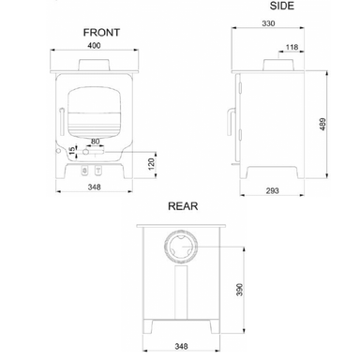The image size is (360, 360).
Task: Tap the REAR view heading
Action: [182, 203]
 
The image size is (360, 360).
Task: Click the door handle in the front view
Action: [62, 121]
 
